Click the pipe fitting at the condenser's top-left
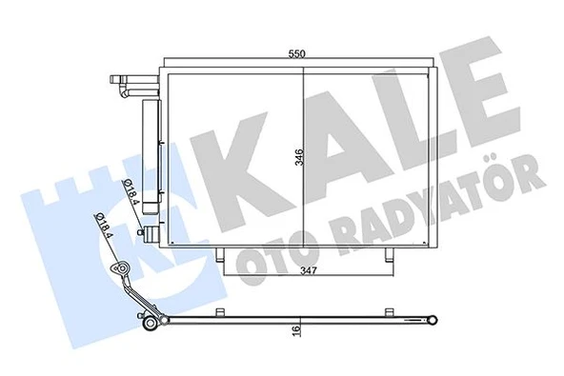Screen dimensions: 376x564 127,84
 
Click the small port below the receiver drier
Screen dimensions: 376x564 144,231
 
